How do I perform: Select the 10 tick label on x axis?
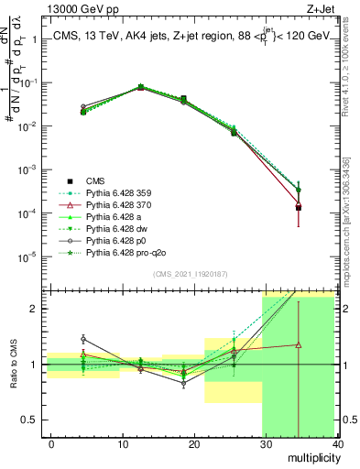(x=123, y=444)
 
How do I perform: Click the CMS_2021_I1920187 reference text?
(x=186, y=275)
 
